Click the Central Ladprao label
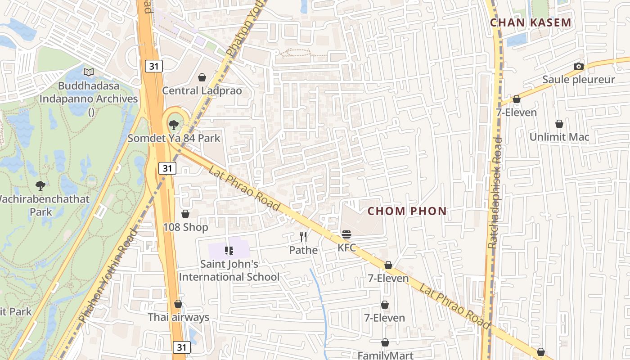click(x=202, y=91)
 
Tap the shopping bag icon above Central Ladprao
click(x=202, y=77)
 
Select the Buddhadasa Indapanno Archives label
click(x=89, y=92)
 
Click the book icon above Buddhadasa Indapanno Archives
click(x=89, y=72)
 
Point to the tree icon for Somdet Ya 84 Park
click(x=174, y=125)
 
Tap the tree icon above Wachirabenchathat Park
click(x=40, y=185)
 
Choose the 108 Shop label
click(x=185, y=227)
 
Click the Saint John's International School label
click(x=229, y=270)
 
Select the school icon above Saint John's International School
click(x=229, y=250)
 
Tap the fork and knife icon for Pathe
click(x=303, y=237)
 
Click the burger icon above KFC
click(x=346, y=234)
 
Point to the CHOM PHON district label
click(x=407, y=211)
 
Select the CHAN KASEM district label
click(x=531, y=22)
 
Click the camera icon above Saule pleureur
click(x=579, y=67)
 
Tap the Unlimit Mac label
click(x=559, y=137)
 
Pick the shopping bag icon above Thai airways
click(x=178, y=304)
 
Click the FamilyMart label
click(x=385, y=355)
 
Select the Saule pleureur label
click(x=578, y=80)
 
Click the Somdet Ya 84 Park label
click(x=174, y=138)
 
